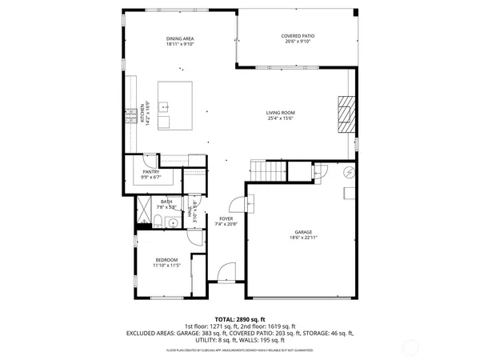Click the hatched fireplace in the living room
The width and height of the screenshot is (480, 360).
tap(344, 114)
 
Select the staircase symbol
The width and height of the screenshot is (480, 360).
tap(268, 170)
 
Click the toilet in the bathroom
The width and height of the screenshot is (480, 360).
tap(159, 222)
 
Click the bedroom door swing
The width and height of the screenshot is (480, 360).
tap(197, 242)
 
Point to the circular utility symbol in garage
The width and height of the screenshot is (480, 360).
tap(349, 172)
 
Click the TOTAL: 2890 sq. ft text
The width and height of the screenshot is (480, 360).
tap(238, 318)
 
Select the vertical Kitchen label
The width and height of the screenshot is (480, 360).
tap(142, 112)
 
